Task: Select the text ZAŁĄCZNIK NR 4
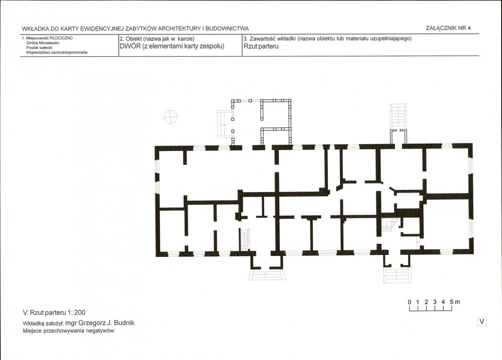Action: tap(448, 28)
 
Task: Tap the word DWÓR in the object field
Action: tap(130, 46)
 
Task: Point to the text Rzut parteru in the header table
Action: tap(261, 46)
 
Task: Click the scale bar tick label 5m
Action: tap(455, 302)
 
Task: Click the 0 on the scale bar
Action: tap(409, 302)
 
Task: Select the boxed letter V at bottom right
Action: tap(482, 321)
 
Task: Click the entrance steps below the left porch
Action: tap(267, 275)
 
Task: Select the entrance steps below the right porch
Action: tap(397, 275)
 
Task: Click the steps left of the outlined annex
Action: tap(224, 124)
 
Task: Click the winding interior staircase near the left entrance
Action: tap(245, 239)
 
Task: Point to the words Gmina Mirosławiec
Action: tap(43, 43)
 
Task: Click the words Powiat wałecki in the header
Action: tap(39, 47)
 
